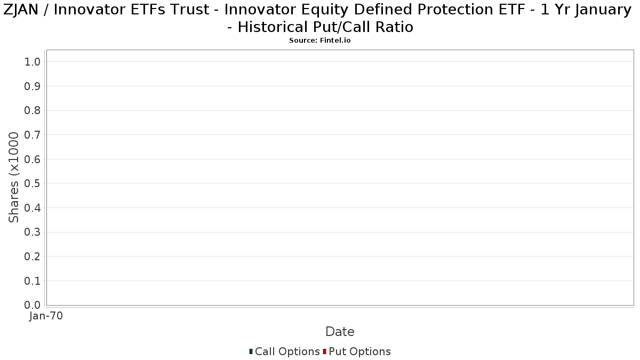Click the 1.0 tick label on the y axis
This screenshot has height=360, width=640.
33,62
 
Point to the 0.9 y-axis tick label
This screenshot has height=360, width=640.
33,86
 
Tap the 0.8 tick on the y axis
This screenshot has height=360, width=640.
33,110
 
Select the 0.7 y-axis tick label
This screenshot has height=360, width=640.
33,135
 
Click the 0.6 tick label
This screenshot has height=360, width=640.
33,159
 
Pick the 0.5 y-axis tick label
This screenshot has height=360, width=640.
33,183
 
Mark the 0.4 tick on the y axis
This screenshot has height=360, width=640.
33,208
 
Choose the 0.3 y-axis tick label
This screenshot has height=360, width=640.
33,233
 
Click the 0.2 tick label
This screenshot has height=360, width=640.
33,257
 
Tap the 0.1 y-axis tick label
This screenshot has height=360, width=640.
33,281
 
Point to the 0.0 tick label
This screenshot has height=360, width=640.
33,305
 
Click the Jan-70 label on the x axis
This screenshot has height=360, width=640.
46,316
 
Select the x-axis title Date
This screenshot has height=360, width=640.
340,332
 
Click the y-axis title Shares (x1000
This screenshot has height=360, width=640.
13,178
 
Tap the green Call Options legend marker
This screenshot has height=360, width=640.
251,351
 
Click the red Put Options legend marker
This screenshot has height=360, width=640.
325,351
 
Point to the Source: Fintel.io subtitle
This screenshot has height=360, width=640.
319,41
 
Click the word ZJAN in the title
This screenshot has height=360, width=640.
21,10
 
